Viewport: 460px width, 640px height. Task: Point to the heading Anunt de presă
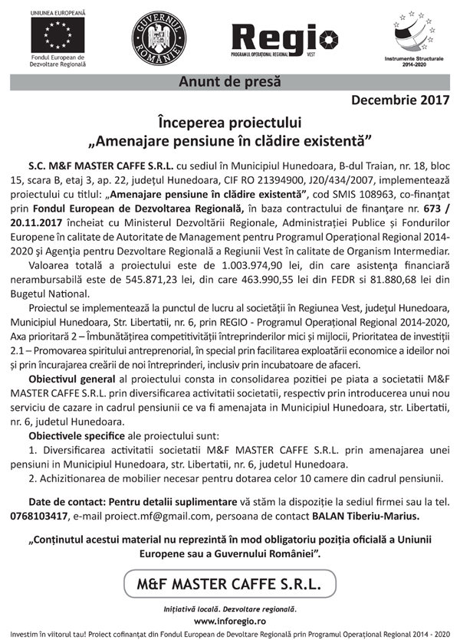pyautogui.click(x=229, y=80)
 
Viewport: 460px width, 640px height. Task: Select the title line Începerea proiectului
pyautogui.click(x=229, y=123)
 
